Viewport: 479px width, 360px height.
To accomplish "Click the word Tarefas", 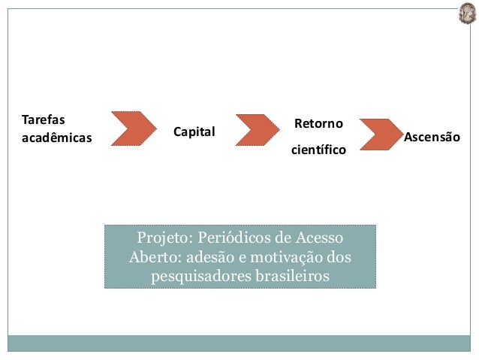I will [44, 119].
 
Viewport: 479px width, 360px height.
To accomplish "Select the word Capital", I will [194, 132].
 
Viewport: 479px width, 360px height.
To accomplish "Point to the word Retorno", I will [318, 123].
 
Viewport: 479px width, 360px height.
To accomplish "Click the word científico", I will [318, 150].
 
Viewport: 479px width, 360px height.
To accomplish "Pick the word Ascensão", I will [432, 138].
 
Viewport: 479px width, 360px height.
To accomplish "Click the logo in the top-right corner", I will [467, 14].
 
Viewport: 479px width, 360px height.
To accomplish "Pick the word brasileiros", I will [292, 276].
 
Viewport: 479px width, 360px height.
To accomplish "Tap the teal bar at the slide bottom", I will [239, 343].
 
